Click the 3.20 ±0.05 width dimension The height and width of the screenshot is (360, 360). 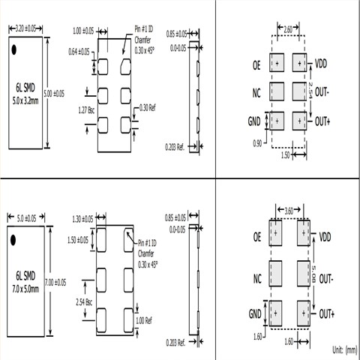[25, 28]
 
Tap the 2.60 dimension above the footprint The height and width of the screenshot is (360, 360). [289, 29]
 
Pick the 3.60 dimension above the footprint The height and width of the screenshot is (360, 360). [289, 211]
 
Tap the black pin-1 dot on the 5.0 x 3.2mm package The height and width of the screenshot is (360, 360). [16, 51]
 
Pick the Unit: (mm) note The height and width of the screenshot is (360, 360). [344, 349]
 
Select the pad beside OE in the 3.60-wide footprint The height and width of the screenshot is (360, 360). [275, 234]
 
